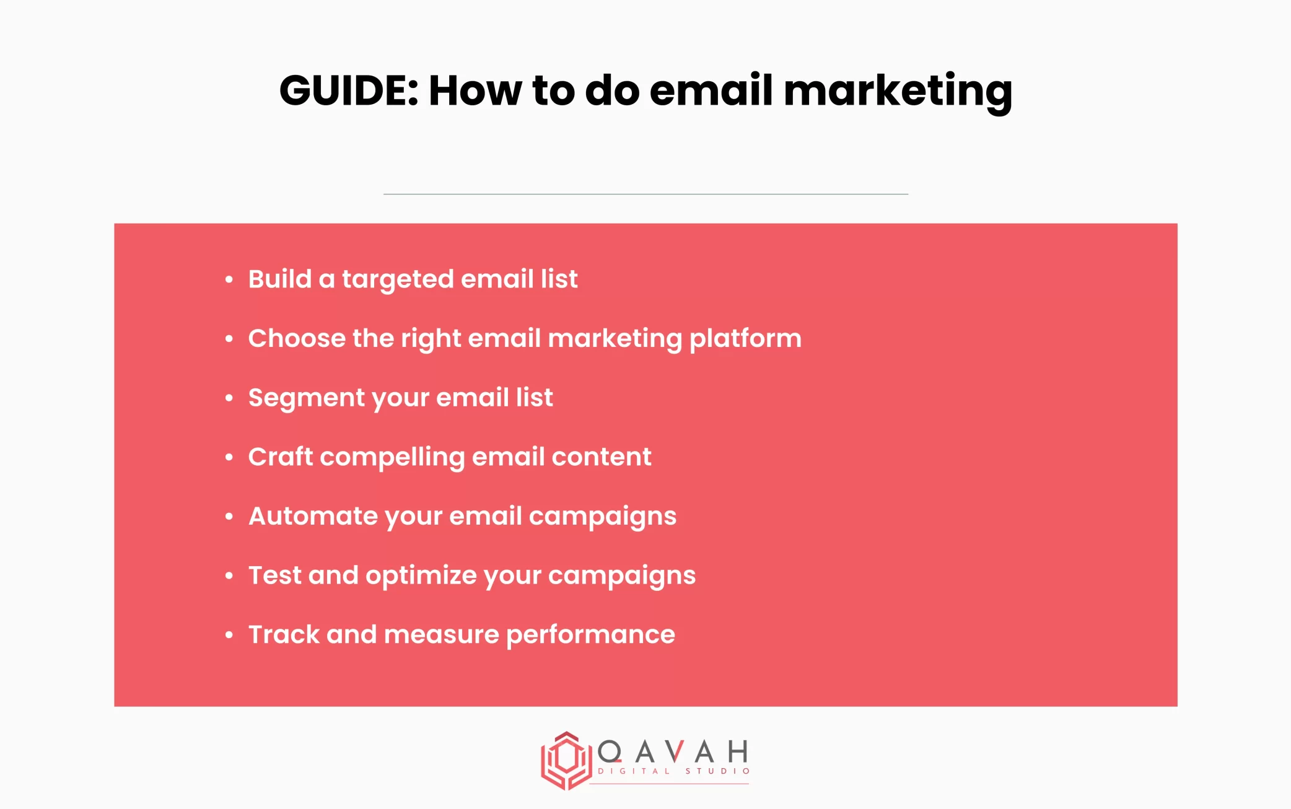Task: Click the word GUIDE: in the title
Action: coord(349,90)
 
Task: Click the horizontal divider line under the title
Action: coord(645,194)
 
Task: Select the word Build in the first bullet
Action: coord(279,279)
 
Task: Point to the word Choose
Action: coord(296,338)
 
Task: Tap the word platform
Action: coord(745,339)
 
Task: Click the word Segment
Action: coord(307,398)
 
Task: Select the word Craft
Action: coord(280,457)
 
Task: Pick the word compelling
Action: coord(392,458)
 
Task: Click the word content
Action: coord(601,457)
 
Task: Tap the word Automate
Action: coord(313,516)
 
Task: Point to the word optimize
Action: coord(421,576)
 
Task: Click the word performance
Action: coord(590,636)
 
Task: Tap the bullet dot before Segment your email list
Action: coord(229,398)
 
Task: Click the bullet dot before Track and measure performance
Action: coord(229,635)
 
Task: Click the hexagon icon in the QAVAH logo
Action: coord(566,760)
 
